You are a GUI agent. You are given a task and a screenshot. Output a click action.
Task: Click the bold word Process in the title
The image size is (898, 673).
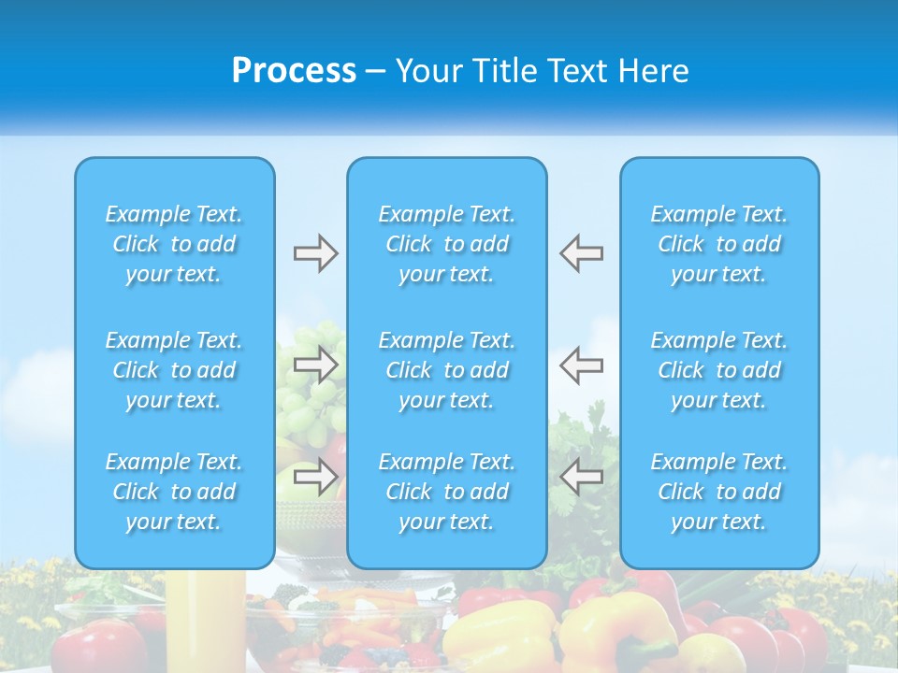(294, 71)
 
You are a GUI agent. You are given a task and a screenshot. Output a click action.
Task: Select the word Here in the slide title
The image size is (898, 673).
(652, 71)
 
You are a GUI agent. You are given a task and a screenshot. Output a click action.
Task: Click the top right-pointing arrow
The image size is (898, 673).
(315, 253)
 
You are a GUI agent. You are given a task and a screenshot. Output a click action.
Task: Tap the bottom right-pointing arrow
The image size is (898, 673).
(315, 477)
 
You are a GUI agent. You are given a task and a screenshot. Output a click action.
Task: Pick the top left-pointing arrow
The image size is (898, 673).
(582, 253)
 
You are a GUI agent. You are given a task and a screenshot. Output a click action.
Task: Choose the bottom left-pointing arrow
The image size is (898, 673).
(582, 477)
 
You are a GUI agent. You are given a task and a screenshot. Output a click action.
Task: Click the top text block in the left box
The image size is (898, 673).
(174, 244)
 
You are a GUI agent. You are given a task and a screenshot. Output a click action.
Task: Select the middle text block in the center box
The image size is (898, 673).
(446, 370)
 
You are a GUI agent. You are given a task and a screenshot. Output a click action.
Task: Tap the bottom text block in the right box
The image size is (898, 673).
(718, 492)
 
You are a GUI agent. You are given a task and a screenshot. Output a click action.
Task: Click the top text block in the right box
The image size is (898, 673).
(718, 244)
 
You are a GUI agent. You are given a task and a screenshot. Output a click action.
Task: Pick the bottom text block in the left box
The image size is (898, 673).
(174, 492)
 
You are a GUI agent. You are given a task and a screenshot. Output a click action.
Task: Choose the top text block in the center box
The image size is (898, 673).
(446, 244)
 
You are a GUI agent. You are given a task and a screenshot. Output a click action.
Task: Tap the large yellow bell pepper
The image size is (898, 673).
(500, 636)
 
